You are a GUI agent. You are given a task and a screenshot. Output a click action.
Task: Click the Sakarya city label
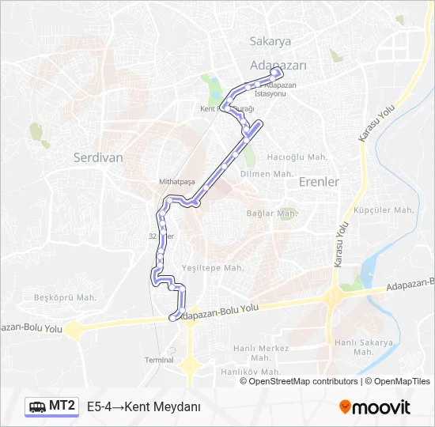point(270,41)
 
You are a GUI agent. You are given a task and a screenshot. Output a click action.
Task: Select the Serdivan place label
point(98,157)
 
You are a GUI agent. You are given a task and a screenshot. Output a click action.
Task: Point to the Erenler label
point(319,182)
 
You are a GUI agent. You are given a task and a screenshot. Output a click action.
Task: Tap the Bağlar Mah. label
point(270,213)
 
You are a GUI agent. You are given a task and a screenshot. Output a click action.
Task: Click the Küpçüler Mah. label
point(384,210)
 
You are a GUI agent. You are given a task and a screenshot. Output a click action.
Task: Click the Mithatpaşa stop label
point(176,181)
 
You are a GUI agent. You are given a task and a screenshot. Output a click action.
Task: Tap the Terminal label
point(159,360)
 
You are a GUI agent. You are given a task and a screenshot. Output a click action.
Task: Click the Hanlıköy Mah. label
point(251,372)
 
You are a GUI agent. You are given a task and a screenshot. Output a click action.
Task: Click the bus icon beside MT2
point(38,407)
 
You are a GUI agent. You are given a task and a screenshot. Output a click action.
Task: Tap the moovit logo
point(375,407)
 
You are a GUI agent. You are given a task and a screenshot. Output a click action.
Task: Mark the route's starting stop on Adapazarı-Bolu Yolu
point(173,318)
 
